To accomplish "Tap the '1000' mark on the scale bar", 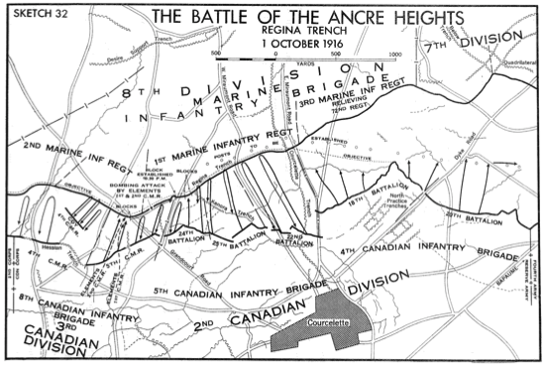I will coord(393,54).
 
